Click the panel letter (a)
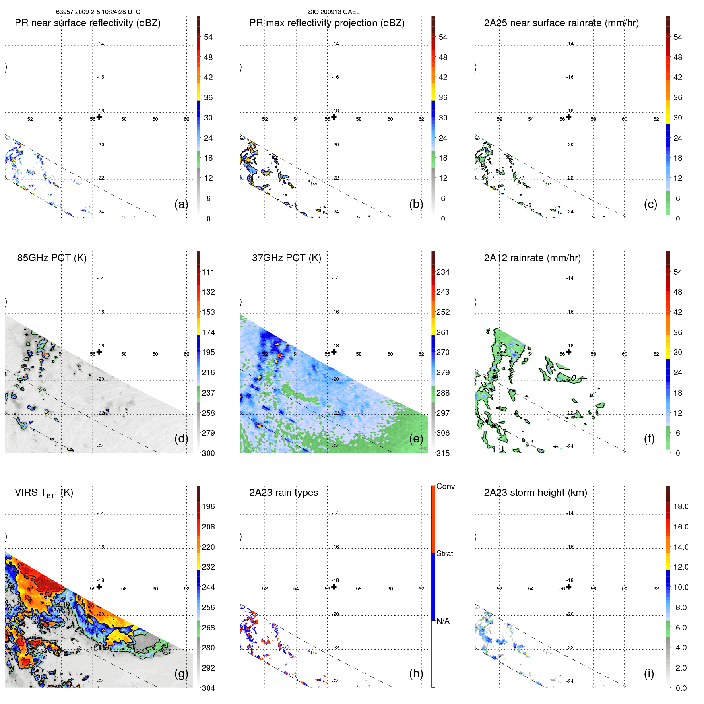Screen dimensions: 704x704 tap(181, 204)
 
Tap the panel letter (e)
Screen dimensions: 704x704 tap(416, 438)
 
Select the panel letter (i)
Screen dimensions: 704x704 tap(649, 673)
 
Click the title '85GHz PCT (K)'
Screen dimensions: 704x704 tap(52, 258)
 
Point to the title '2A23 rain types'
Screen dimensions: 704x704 tap(283, 493)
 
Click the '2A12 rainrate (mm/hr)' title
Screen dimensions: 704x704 tap(532, 258)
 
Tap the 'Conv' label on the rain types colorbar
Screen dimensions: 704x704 tap(445, 486)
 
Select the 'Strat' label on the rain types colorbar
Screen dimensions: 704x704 tap(444, 553)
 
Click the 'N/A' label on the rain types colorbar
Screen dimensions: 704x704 tap(443, 621)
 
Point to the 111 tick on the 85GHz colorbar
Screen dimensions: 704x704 tap(208, 272)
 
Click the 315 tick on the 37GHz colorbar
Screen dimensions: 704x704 tap(443, 453)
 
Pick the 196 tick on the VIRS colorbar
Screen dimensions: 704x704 tap(208, 506)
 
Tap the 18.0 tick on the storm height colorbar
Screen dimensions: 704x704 tap(681, 506)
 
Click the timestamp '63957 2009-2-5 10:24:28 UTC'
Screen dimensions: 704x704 tap(98, 12)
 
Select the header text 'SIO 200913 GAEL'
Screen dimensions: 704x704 tap(334, 12)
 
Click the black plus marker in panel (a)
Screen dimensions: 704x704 tap(99, 117)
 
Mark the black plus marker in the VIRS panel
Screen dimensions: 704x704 tap(99, 586)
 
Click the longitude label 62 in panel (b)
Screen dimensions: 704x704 tap(421, 119)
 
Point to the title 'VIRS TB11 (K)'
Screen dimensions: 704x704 tap(44, 493)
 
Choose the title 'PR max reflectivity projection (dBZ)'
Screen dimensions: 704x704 tap(327, 23)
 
